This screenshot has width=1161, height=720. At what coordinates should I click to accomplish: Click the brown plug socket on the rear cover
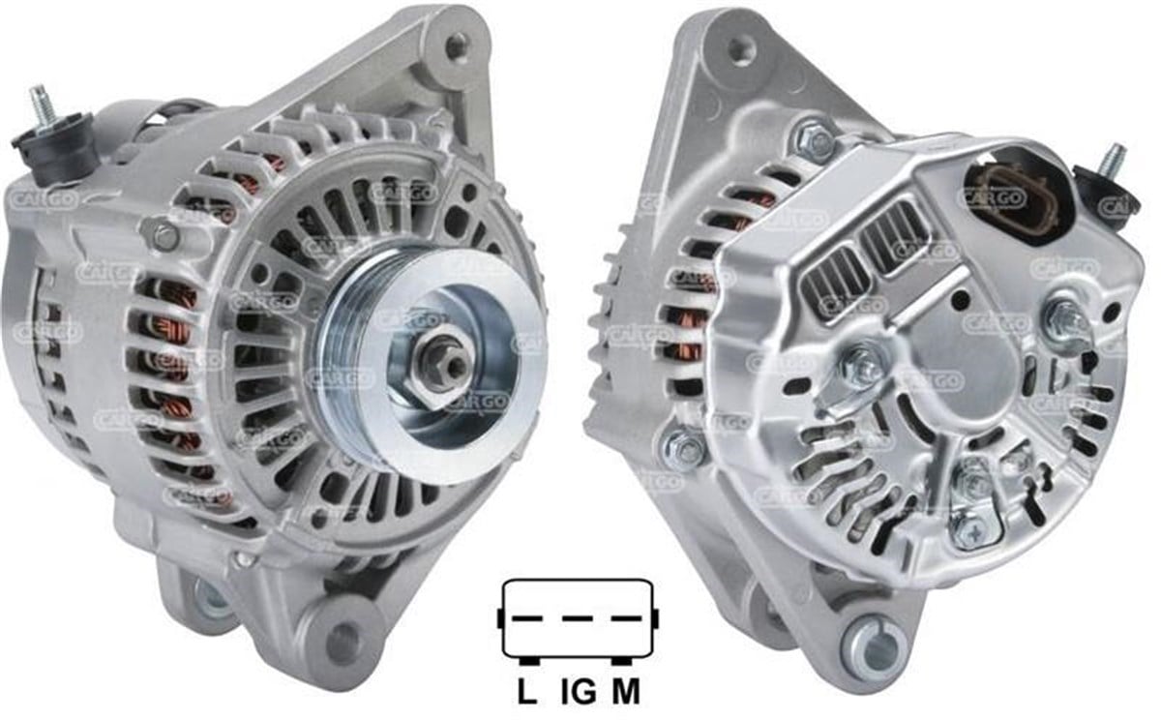pyautogui.click(x=1006, y=189)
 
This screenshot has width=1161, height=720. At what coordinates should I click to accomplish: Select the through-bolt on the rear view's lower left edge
pyautogui.click(x=686, y=449)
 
